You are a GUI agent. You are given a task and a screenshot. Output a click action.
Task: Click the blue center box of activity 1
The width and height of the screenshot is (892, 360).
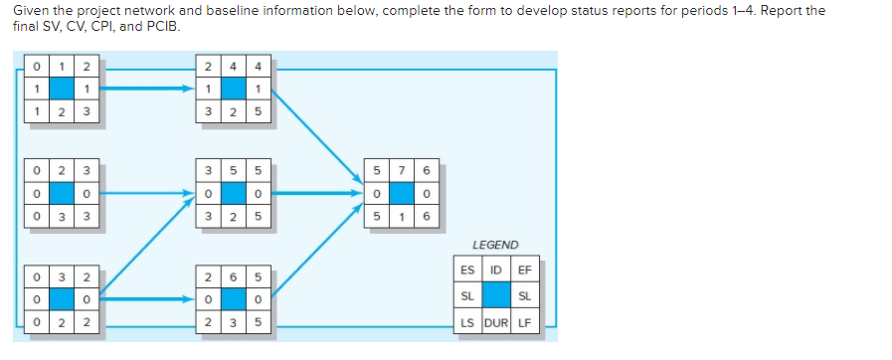[60, 89]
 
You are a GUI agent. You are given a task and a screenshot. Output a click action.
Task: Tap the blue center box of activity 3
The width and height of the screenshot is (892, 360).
[60, 297]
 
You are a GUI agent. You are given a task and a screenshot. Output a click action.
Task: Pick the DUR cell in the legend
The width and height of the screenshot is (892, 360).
[495, 323]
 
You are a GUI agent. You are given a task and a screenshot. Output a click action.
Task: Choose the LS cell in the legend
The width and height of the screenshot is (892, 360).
[467, 323]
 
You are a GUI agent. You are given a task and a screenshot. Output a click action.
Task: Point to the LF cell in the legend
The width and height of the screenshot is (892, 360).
[523, 323]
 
